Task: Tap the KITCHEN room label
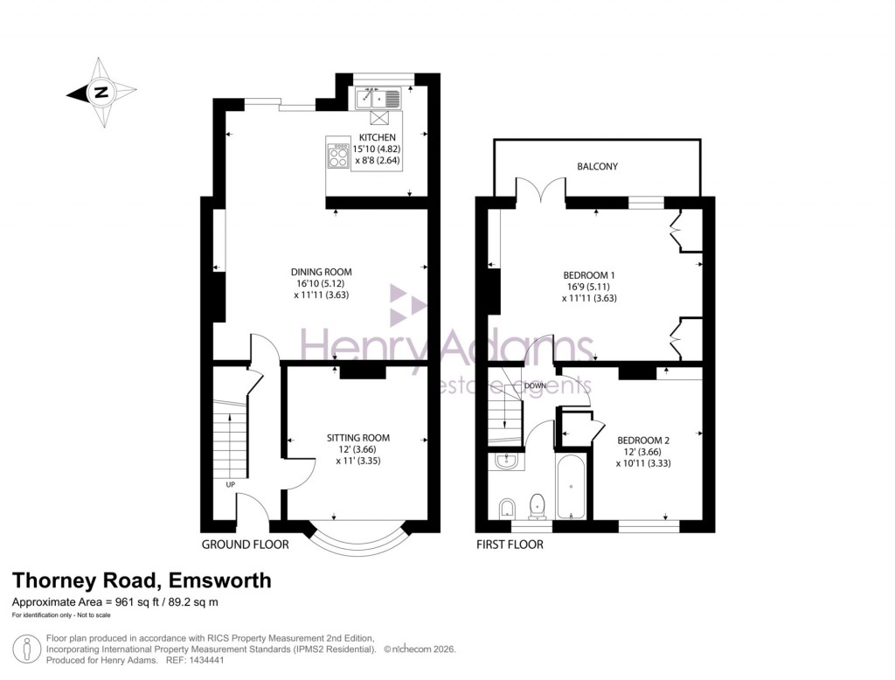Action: (377, 138)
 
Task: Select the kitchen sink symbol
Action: (377, 98)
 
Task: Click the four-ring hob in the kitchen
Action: (337, 156)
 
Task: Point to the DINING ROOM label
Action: (323, 272)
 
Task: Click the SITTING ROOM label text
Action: (358, 438)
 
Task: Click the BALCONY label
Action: (598, 166)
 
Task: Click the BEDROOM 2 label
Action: (643, 440)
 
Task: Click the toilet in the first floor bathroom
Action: (538, 505)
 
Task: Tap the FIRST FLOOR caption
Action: (510, 545)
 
